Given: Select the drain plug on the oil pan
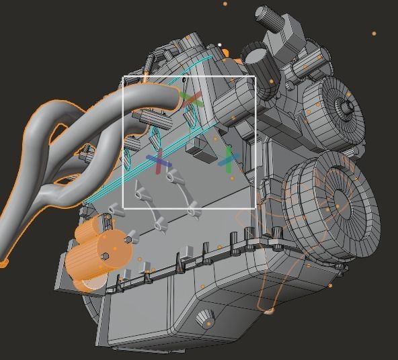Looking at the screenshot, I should [x=206, y=320].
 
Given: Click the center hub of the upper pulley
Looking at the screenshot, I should [x=346, y=106].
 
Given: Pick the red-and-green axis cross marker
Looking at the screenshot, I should [x=192, y=100].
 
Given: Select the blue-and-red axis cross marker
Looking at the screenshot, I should [x=158, y=162].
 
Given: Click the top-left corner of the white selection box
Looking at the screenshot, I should [x=123, y=77].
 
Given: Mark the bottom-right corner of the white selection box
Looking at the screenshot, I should [x=255, y=208].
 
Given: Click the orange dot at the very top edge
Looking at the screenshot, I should [x=225, y=3].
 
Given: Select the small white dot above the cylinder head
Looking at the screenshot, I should [x=219, y=45].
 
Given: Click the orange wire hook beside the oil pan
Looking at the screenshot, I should [x=268, y=310].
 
